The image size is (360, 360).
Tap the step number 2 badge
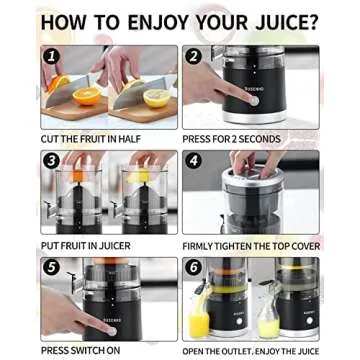pyautogui.click(x=193, y=57)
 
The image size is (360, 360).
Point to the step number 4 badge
pyautogui.click(x=193, y=161)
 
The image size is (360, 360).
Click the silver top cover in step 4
pyautogui.click(x=250, y=182)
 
